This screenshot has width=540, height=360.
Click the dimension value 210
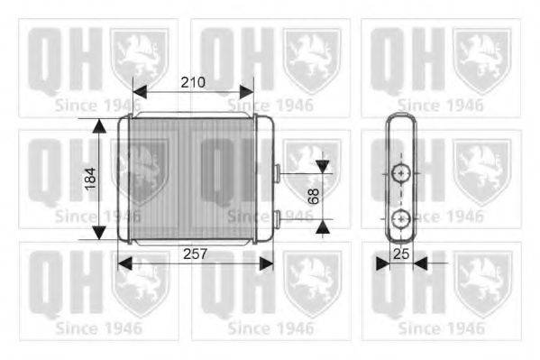[x=193, y=82]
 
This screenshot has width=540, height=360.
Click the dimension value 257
[x=195, y=254]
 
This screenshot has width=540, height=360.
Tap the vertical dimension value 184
[x=90, y=179]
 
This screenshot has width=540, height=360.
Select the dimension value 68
[x=314, y=196]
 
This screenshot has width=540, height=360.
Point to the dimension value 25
[x=401, y=254]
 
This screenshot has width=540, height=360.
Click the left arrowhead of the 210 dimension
[x=140, y=92]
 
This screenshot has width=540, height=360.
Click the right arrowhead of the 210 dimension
[x=247, y=92]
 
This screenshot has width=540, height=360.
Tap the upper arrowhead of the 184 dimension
[x=99, y=125]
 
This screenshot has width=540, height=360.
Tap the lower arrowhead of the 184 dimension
[x=99, y=233]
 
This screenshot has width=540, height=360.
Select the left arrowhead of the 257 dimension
[x=124, y=263]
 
